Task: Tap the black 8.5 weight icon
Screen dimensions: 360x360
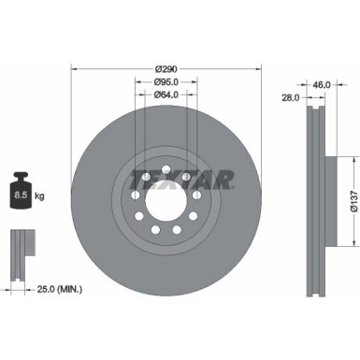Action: (22, 193)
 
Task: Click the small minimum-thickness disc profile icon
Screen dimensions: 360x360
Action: (21, 246)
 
